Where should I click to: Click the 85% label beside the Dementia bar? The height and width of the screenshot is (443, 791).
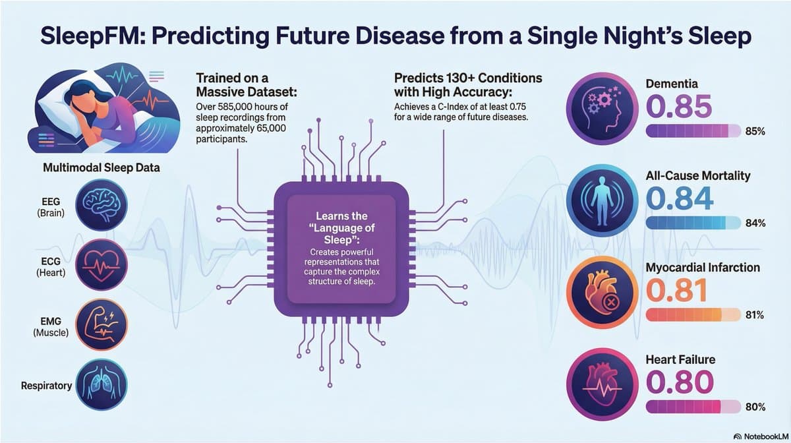pos(754,132)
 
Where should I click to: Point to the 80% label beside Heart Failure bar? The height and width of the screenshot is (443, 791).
pos(754,406)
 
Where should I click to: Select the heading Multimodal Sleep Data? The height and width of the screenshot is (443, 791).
pos(101,167)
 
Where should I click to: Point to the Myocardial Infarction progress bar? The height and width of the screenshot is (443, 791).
pos(693,315)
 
